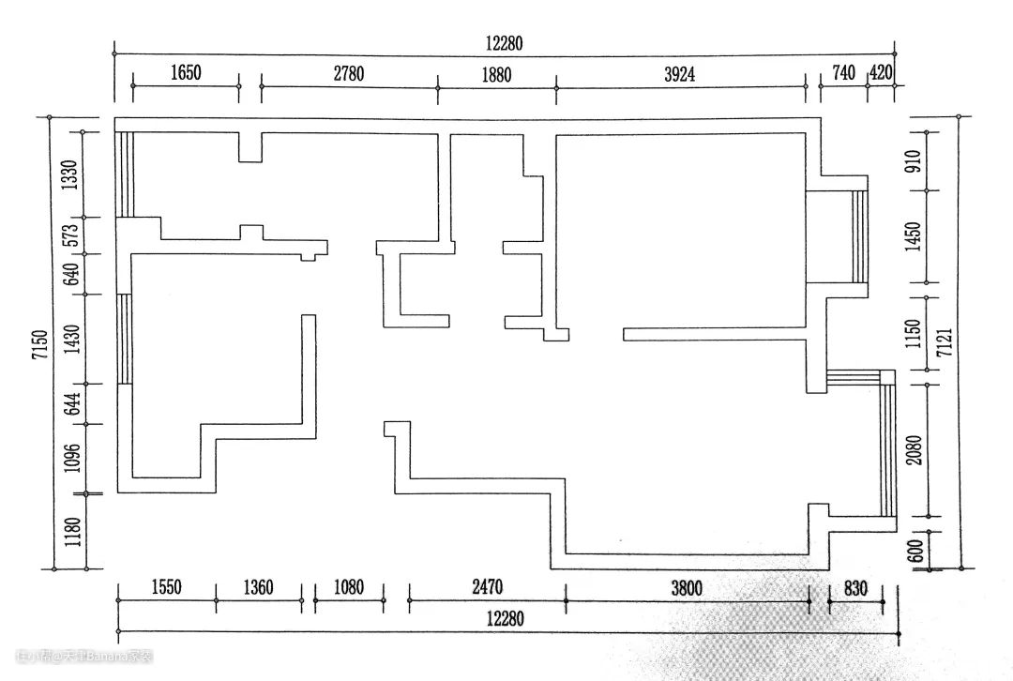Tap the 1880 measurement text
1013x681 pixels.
coord(496,75)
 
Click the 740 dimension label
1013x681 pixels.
coord(843,73)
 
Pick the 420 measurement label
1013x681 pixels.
coord(882,73)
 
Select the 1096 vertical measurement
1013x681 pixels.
coord(69,459)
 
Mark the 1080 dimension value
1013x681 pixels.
coord(348,588)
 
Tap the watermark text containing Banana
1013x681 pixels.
coord(84,656)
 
